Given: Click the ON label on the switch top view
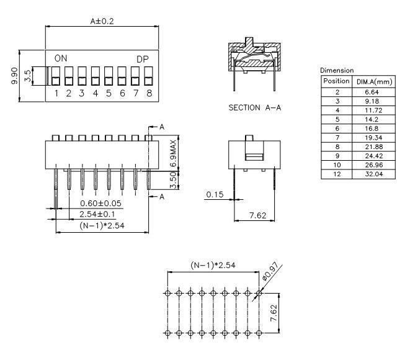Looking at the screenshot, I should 61,58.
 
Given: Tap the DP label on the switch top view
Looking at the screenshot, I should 143,58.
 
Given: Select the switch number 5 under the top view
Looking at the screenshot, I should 109,93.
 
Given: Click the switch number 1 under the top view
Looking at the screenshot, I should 56,93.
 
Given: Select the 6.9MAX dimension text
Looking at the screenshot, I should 174,151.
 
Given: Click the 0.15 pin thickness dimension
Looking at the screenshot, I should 214,194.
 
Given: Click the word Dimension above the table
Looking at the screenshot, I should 336,71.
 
